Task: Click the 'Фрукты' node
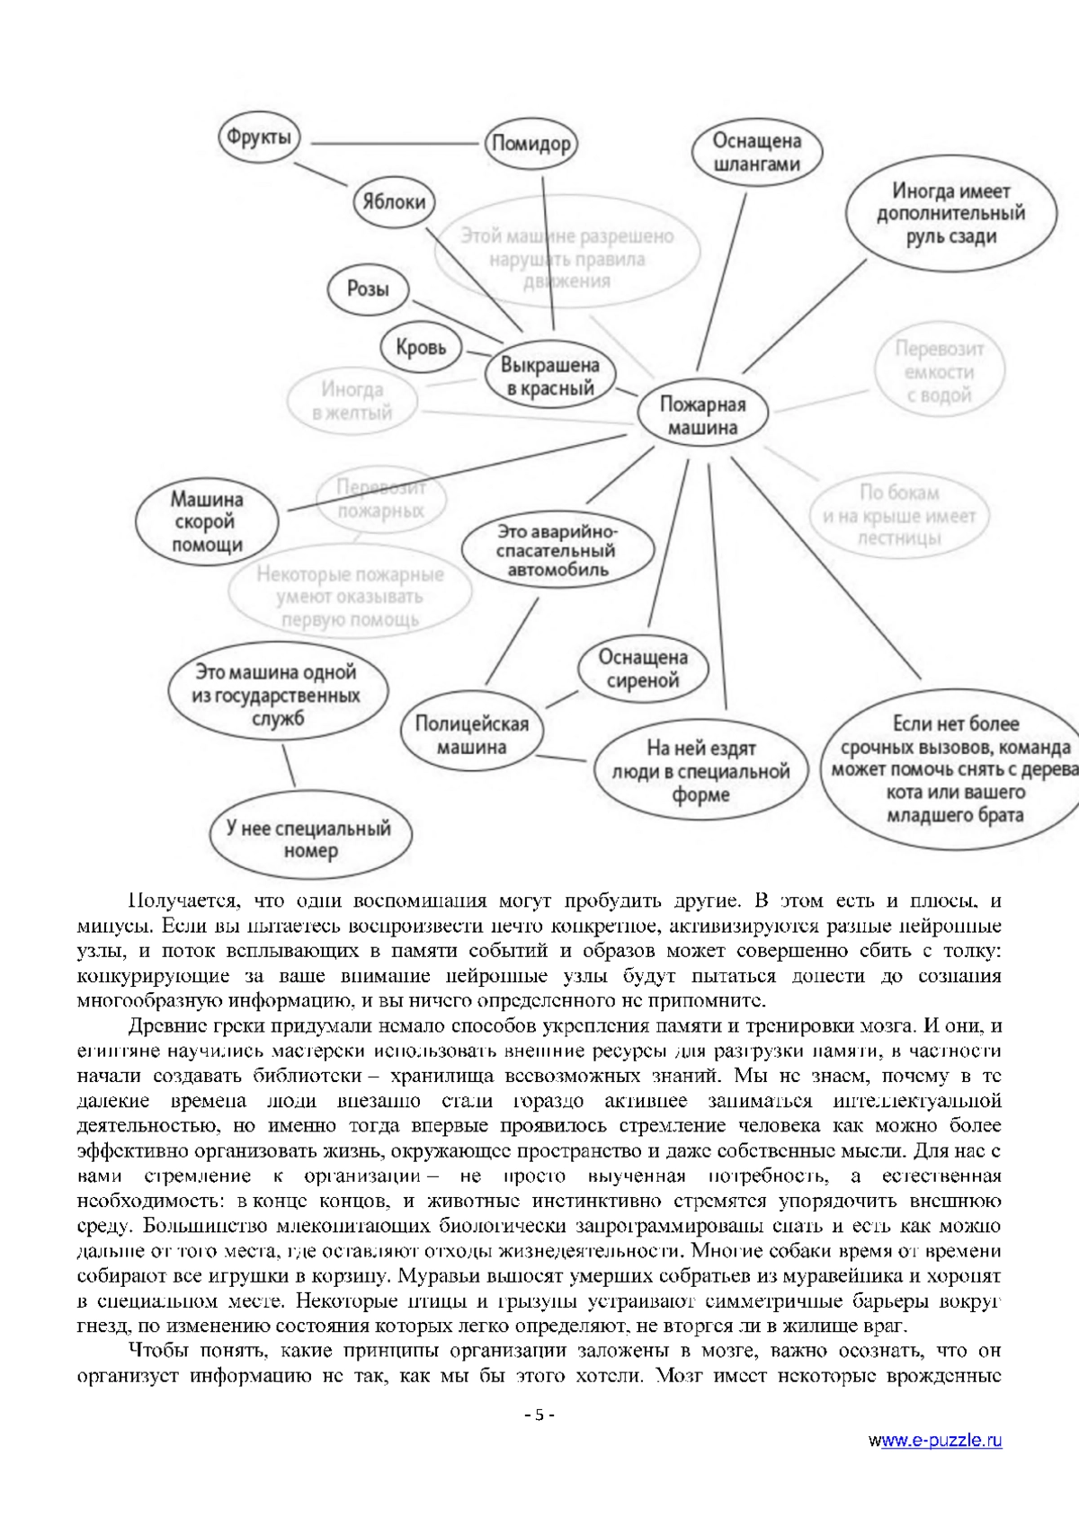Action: (259, 138)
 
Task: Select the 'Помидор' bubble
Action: (531, 144)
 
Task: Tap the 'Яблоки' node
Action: (394, 201)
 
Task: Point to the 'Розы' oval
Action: (367, 289)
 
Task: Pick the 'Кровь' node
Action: (421, 347)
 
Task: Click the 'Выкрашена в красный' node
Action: (548, 377)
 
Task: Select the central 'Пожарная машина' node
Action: (702, 416)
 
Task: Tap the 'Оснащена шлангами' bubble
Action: (756, 153)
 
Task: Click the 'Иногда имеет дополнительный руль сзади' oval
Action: (950, 214)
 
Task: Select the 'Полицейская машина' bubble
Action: (472, 735)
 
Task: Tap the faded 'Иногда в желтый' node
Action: (352, 402)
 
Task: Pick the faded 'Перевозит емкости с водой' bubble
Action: (939, 372)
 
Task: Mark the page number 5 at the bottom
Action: (539, 1441)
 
